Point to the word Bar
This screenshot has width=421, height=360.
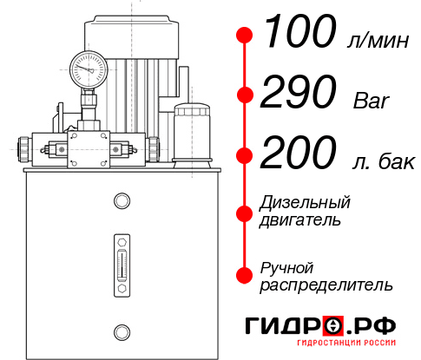point(372,101)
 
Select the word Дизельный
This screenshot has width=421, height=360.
point(306,204)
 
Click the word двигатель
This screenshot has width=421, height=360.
point(300,220)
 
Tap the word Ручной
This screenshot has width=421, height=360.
point(287,267)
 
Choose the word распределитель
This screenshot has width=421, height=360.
point(326,285)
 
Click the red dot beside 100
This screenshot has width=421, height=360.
point(245,36)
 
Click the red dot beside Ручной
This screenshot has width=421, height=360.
point(245,275)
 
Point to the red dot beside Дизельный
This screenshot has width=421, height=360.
point(245,212)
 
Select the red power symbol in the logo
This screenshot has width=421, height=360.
point(333,326)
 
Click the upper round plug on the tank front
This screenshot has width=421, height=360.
point(121,201)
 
